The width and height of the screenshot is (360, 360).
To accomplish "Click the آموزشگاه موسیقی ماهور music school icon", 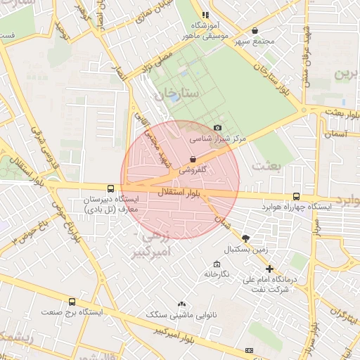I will click(205, 15).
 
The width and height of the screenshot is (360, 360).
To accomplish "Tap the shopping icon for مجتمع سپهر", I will click(254, 30).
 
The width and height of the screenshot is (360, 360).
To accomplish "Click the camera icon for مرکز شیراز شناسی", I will click(218, 127).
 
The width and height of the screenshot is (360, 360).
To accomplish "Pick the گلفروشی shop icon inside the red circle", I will click(193, 159).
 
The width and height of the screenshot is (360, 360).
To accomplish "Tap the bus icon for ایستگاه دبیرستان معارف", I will click(110, 188).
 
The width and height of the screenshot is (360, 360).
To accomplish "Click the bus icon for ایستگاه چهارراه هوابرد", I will click(295, 197).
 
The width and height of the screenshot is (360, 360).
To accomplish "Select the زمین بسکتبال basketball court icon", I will click(245, 238).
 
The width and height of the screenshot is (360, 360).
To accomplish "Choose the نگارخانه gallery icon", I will click(217, 264).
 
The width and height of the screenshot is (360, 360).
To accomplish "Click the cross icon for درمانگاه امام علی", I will click(269, 269).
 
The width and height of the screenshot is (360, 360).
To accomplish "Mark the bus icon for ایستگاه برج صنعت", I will click(72, 301).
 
